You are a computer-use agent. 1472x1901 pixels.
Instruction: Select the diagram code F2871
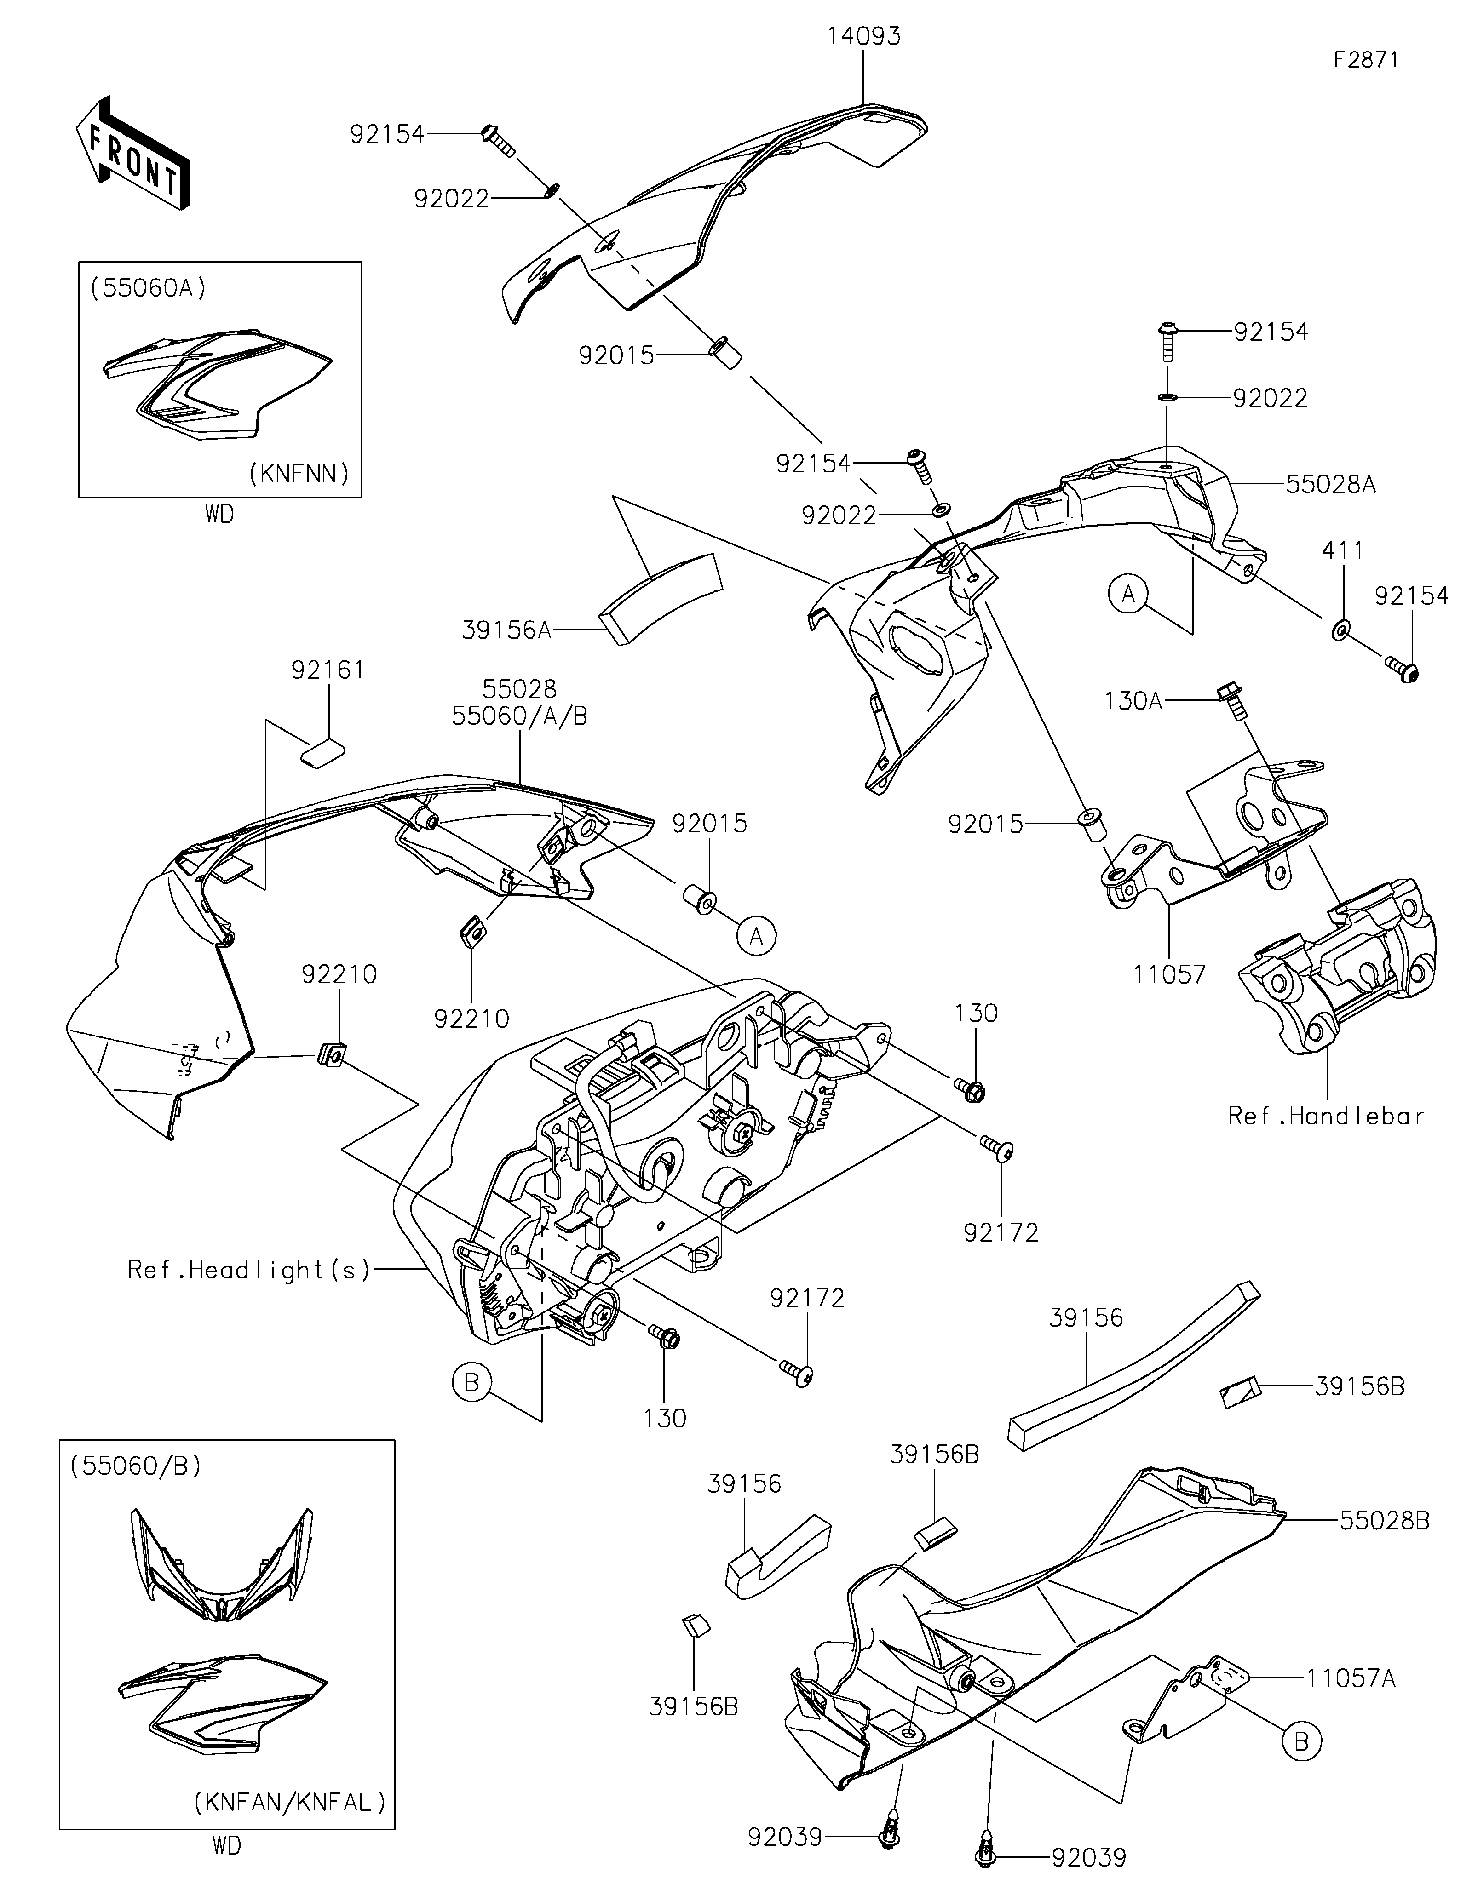coord(1366,60)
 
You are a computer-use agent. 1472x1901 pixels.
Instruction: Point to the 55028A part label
coord(1330,485)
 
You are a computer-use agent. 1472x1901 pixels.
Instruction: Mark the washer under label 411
coord(1340,629)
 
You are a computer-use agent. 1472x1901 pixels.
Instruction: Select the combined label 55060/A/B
coord(520,716)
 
